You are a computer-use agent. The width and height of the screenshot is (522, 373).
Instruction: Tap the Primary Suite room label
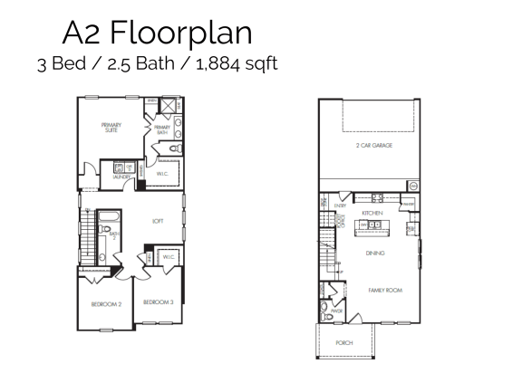tap(111, 127)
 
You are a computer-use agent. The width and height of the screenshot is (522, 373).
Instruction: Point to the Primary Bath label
tap(162, 129)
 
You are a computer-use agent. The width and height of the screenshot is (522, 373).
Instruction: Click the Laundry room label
tap(121, 177)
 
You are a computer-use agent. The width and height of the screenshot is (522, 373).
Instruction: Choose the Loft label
tap(157, 220)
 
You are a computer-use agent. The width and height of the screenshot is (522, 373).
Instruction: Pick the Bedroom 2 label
tap(106, 304)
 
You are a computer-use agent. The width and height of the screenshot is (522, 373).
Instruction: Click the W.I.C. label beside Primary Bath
tap(164, 174)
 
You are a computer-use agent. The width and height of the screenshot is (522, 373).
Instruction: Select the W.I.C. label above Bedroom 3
tap(169, 257)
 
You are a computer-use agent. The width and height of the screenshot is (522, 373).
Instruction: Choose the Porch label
tap(343, 343)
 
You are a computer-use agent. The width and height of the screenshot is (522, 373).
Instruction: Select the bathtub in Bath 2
tap(110, 217)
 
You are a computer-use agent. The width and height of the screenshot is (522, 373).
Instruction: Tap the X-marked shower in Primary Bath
tap(168, 105)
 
